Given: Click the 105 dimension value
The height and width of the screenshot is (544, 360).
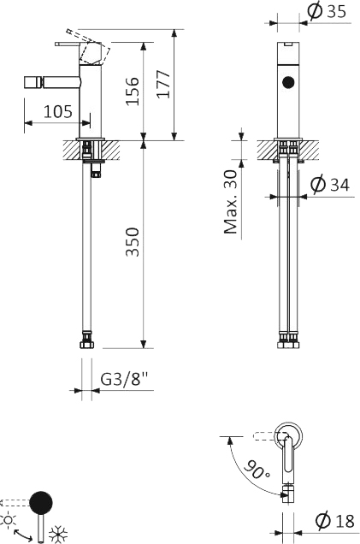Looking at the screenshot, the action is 58,111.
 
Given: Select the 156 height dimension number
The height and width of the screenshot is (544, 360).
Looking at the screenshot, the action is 133,92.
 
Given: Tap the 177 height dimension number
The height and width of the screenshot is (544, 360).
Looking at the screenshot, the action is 163,85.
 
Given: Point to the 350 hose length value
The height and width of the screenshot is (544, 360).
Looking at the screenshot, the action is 133,242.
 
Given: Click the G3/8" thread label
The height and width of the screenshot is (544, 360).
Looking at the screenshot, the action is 124,379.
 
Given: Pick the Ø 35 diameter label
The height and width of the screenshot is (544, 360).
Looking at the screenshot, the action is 327,11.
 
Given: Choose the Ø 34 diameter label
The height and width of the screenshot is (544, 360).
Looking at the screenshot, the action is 330,184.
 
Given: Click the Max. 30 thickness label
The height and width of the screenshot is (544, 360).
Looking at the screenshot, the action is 231,202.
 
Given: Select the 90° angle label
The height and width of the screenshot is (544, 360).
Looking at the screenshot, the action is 257,470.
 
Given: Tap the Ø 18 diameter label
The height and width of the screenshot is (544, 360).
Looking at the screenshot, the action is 335,520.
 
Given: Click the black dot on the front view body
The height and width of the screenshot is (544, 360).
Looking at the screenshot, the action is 288,82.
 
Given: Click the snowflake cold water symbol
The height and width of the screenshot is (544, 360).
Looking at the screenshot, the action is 57,534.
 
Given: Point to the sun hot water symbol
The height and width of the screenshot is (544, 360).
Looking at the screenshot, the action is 8,520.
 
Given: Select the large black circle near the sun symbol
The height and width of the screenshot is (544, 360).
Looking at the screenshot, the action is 41,502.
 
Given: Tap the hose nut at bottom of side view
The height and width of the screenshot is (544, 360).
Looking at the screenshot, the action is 86,345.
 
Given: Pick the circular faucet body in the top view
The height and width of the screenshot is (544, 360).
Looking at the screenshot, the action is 288,436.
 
